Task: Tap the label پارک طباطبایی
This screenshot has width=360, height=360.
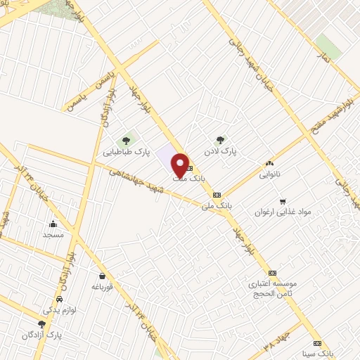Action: click(127, 151)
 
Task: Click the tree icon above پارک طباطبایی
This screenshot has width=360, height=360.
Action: click(127, 139)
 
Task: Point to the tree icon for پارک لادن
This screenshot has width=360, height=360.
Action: click(221, 139)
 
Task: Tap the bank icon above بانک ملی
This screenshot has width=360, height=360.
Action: click(217, 194)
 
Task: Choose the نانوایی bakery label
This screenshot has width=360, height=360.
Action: click(269, 174)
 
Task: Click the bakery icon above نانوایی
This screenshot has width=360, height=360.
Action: click(269, 162)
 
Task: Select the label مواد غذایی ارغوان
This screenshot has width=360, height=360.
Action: click(282, 212)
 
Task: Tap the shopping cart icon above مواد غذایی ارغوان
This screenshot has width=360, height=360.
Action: click(283, 200)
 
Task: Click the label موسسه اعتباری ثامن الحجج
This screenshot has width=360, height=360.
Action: click(273, 289)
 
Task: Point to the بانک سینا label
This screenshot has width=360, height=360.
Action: click(314, 352)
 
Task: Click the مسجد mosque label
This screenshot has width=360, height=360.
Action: click(53, 234)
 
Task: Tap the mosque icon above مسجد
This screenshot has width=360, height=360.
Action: click(54, 223)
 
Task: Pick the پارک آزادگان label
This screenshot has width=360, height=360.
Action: click(41, 335)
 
